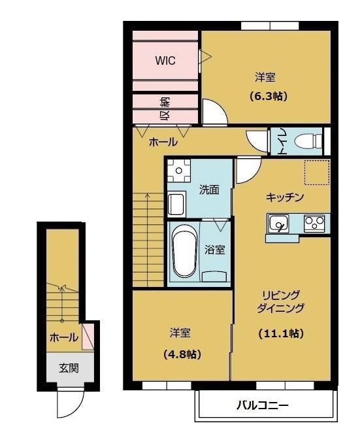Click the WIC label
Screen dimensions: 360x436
coord(165,60)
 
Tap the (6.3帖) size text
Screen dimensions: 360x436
coord(267,96)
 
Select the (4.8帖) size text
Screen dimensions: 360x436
coord(182,354)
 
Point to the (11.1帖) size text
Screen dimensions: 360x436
coord(281,333)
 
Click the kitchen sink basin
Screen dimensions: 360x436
coord(278,224)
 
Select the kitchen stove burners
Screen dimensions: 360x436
coord(314,223)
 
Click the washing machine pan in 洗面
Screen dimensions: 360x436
coord(179,171)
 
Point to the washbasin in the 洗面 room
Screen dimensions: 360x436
coord(176,204)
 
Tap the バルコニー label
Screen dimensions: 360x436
coord(263,405)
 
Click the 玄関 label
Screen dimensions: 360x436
coord(69,369)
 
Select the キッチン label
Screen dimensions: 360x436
coord(285,197)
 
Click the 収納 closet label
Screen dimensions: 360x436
coord(166,109)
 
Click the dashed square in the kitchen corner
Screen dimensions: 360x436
coord(317,172)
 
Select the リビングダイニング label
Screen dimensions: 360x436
coord(280,301)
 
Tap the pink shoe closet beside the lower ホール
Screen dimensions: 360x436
coord(88,335)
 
